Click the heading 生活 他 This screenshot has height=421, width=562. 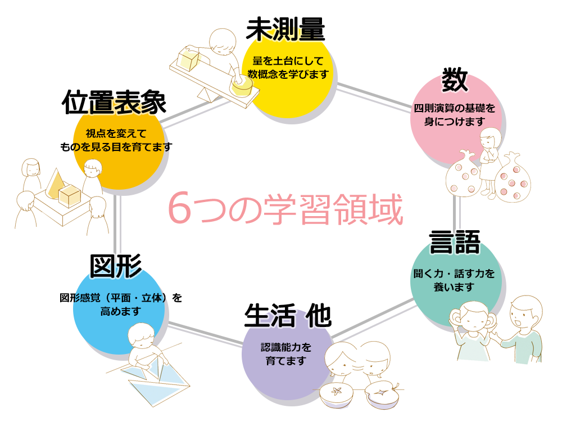tap(287, 316)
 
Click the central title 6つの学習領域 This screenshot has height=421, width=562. tap(285, 210)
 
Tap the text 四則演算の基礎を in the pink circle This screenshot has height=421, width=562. tap(454, 108)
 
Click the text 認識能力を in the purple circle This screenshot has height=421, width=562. tap(285, 347)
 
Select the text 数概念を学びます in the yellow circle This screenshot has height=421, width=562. tap(288, 74)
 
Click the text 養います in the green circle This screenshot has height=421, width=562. tap(454, 287)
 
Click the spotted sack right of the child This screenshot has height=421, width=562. tap(514, 180)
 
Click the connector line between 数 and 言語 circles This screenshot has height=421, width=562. tap(457, 211)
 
